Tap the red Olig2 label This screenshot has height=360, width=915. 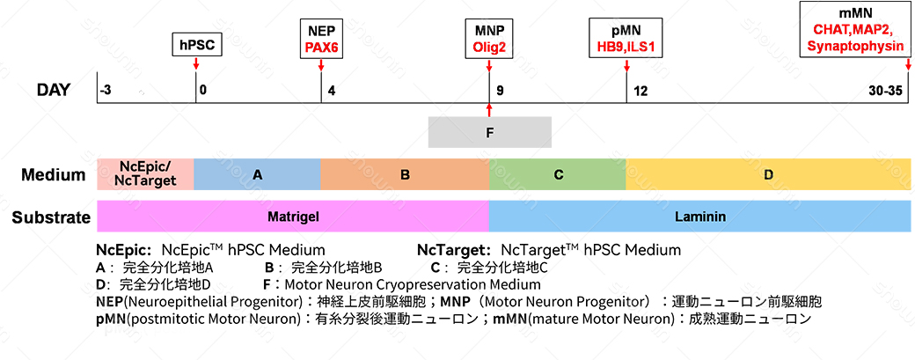coord(489,46)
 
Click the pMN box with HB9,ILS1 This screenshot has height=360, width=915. coord(626,38)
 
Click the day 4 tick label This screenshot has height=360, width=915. coord(332,90)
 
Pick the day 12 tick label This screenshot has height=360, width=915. coord(640,90)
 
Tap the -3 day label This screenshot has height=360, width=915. coord(106,90)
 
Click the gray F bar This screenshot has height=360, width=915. coord(489,132)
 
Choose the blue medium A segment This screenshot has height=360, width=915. coord(257,175)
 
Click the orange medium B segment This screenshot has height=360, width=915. coord(405,175)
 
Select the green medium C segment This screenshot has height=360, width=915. coord(557,175)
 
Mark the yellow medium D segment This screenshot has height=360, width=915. coord(767,175)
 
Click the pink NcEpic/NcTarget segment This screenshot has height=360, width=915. coord(145,175)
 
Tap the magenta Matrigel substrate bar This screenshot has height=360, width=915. coord(292,216)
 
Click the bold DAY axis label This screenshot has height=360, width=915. coord(54,90)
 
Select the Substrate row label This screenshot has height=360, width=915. coord(51,217)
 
